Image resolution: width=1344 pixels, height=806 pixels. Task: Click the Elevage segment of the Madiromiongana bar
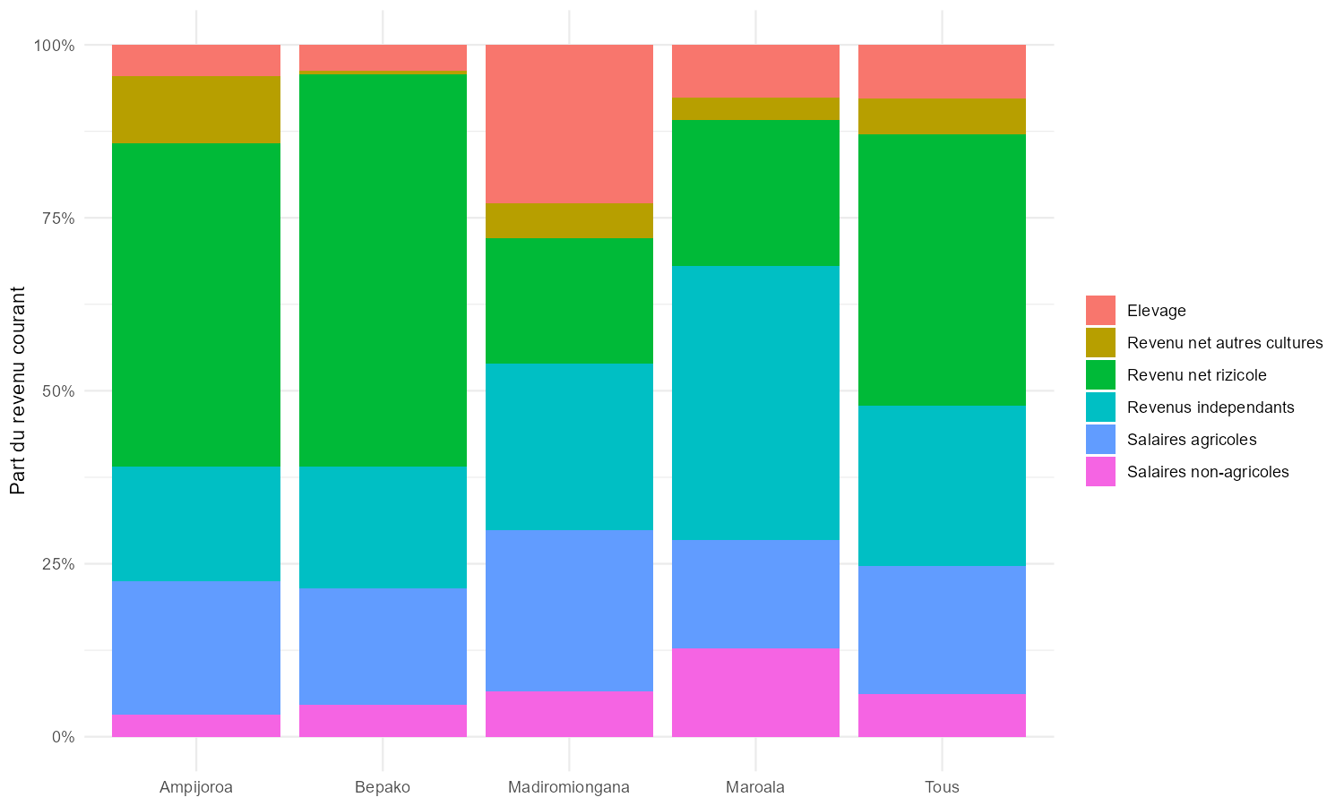coord(569,124)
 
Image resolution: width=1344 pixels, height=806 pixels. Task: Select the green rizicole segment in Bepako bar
coord(383,270)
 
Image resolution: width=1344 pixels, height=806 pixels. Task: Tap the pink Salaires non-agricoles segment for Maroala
coord(755,691)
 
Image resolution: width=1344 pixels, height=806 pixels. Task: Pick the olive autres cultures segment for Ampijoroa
coord(196,109)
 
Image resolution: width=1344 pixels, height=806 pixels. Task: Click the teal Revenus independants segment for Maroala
coord(755,402)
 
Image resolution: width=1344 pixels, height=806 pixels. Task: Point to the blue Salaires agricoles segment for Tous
coord(942,630)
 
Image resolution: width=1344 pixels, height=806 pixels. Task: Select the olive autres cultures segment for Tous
coord(942,116)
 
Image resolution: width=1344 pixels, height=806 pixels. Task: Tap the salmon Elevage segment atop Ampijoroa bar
coord(196,60)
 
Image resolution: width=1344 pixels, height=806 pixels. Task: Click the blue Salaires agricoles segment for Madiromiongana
coord(569,610)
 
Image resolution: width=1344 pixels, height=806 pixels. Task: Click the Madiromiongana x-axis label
coord(569,787)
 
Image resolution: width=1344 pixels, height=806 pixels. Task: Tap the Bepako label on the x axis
coord(383,787)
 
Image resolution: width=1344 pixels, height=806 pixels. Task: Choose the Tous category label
coord(942,787)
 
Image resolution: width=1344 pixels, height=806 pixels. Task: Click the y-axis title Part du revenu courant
coord(18,390)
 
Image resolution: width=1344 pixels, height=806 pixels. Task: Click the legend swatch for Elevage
coord(1100,311)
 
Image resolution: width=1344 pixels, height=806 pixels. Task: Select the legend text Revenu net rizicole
coord(1197,375)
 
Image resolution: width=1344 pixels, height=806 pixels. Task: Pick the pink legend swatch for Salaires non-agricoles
coord(1100,472)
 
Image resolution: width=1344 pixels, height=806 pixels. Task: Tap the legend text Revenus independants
coord(1210,407)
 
